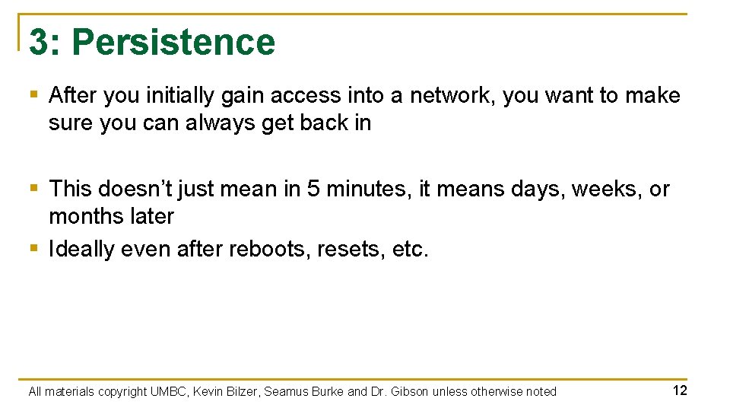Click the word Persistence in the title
click(173, 42)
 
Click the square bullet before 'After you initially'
click(33, 96)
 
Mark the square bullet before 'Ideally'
click(33, 249)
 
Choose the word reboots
click(272, 249)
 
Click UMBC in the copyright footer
click(167, 391)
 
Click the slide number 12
click(680, 390)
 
